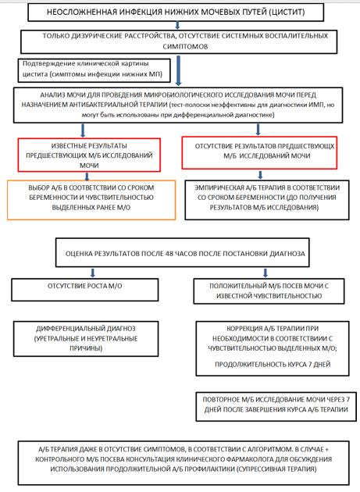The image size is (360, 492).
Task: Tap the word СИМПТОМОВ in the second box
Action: pos(185,46)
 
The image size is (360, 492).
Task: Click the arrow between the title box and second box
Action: pos(177,26)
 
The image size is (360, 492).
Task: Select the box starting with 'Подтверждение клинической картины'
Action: pos(94,70)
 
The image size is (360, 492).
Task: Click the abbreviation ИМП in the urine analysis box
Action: pos(320,105)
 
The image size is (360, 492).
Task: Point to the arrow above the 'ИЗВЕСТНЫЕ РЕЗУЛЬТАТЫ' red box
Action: pos(83,131)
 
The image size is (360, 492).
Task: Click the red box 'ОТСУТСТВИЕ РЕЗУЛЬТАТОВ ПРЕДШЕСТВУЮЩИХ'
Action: pos(259,153)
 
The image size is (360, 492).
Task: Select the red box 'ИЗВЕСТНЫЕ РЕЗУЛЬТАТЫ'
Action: pos(89,155)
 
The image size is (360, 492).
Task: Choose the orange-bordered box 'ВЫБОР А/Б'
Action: pos(91,200)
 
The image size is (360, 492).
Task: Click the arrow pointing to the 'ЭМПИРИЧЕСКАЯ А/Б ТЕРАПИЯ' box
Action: pos(260,175)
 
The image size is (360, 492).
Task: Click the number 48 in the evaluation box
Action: pos(169,254)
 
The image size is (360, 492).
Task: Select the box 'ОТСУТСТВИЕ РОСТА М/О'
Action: pos(85,290)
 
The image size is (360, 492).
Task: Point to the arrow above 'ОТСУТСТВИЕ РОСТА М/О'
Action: pos(93,273)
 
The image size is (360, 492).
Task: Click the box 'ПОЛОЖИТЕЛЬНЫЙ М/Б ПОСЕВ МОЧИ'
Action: pos(269,291)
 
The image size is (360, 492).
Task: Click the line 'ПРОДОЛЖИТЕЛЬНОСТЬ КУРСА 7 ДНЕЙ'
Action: pos(273,365)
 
